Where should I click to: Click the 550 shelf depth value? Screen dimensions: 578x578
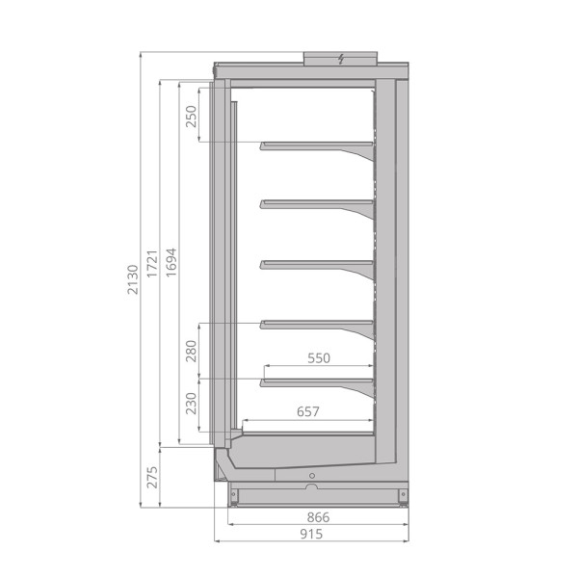pyautogui.click(x=318, y=358)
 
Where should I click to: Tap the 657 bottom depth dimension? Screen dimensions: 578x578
pyautogui.click(x=308, y=412)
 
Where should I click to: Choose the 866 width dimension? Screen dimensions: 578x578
pyautogui.click(x=318, y=517)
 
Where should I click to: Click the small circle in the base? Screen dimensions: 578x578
pyautogui.click(x=311, y=477)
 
